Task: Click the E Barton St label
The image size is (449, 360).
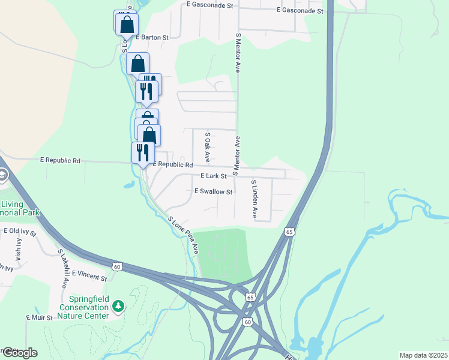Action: click(x=152, y=37)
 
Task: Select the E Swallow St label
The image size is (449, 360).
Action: click(x=213, y=192)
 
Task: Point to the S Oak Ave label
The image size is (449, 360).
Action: click(x=207, y=148)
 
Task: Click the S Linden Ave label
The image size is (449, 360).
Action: click(x=254, y=198)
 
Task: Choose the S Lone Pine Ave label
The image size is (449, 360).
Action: click(x=184, y=234)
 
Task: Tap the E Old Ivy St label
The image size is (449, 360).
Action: click(x=20, y=230)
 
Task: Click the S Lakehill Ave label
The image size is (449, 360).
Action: click(x=62, y=269)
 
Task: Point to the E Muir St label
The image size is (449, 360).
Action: click(x=40, y=317)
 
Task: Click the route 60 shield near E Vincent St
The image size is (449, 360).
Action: click(x=118, y=266)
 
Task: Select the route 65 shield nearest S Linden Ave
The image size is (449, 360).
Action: click(x=290, y=232)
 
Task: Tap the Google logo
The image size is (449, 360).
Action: click(x=19, y=353)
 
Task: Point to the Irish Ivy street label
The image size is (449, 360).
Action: click(x=19, y=247)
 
